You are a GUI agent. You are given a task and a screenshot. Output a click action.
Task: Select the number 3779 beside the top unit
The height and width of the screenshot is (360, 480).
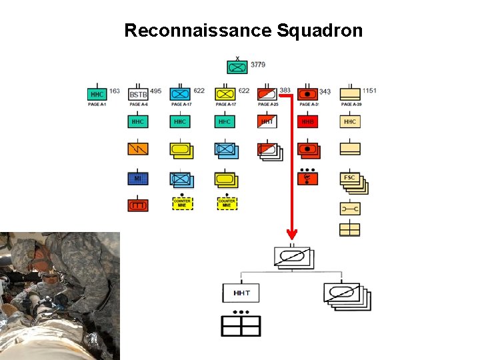click(x=258, y=65)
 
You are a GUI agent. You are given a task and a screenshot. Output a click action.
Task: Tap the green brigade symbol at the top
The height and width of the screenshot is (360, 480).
click(x=237, y=67)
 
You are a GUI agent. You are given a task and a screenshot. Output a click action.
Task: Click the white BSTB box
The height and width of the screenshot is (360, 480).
click(x=138, y=95)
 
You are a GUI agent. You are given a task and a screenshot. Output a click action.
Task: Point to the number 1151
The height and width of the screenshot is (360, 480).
click(x=369, y=91)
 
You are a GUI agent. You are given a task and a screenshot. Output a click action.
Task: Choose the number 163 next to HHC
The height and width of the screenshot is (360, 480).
click(x=114, y=91)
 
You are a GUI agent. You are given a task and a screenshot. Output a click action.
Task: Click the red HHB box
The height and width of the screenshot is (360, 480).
click(x=307, y=122)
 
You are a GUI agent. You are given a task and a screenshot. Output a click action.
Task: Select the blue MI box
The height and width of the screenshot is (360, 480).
click(x=138, y=178)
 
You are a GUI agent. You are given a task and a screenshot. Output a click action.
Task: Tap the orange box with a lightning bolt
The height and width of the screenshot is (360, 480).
click(x=138, y=149)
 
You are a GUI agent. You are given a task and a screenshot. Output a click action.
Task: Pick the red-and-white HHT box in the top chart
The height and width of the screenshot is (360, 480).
click(x=267, y=122)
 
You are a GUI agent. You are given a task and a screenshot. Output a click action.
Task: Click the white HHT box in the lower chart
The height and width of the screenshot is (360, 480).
click(x=241, y=293)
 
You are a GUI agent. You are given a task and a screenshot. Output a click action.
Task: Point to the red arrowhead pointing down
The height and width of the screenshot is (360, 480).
click(x=291, y=234)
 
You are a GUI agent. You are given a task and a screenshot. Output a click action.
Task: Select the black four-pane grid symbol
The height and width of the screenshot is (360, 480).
click(x=241, y=325)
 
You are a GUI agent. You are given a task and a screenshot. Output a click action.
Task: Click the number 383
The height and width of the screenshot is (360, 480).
click(x=285, y=91)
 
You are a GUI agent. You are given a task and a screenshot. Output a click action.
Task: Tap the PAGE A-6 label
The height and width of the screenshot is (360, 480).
click(x=139, y=105)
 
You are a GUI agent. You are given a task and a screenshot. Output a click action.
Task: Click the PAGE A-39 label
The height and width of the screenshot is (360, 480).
click(x=350, y=105)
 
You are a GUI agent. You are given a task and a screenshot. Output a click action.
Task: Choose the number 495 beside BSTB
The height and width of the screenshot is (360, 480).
click(x=156, y=91)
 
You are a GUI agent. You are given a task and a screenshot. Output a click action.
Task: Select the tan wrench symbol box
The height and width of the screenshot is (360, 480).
click(x=350, y=209)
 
